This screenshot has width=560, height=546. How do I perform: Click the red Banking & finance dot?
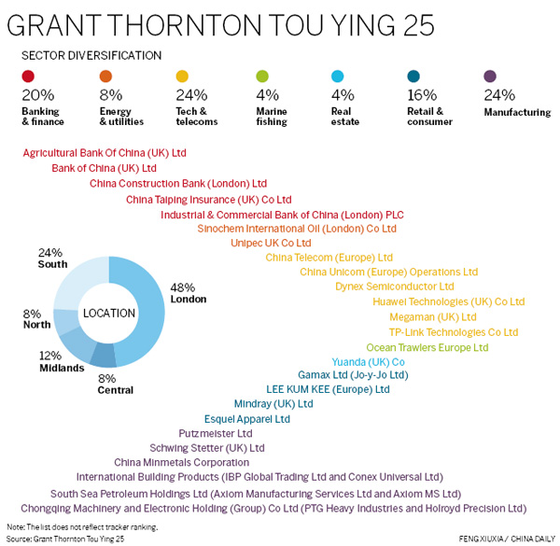(28, 77)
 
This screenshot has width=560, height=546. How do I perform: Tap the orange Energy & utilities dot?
(105, 77)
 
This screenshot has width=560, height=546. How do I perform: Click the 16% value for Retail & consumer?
(421, 95)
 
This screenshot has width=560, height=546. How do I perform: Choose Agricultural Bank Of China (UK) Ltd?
(105, 152)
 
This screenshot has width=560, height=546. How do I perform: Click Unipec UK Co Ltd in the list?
(271, 243)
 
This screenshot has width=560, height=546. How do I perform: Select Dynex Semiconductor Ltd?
(394, 287)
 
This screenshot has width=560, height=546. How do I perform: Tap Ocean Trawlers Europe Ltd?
(427, 347)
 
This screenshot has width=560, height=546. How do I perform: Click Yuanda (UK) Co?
(368, 361)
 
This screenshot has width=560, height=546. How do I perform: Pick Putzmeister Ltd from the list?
(215, 433)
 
